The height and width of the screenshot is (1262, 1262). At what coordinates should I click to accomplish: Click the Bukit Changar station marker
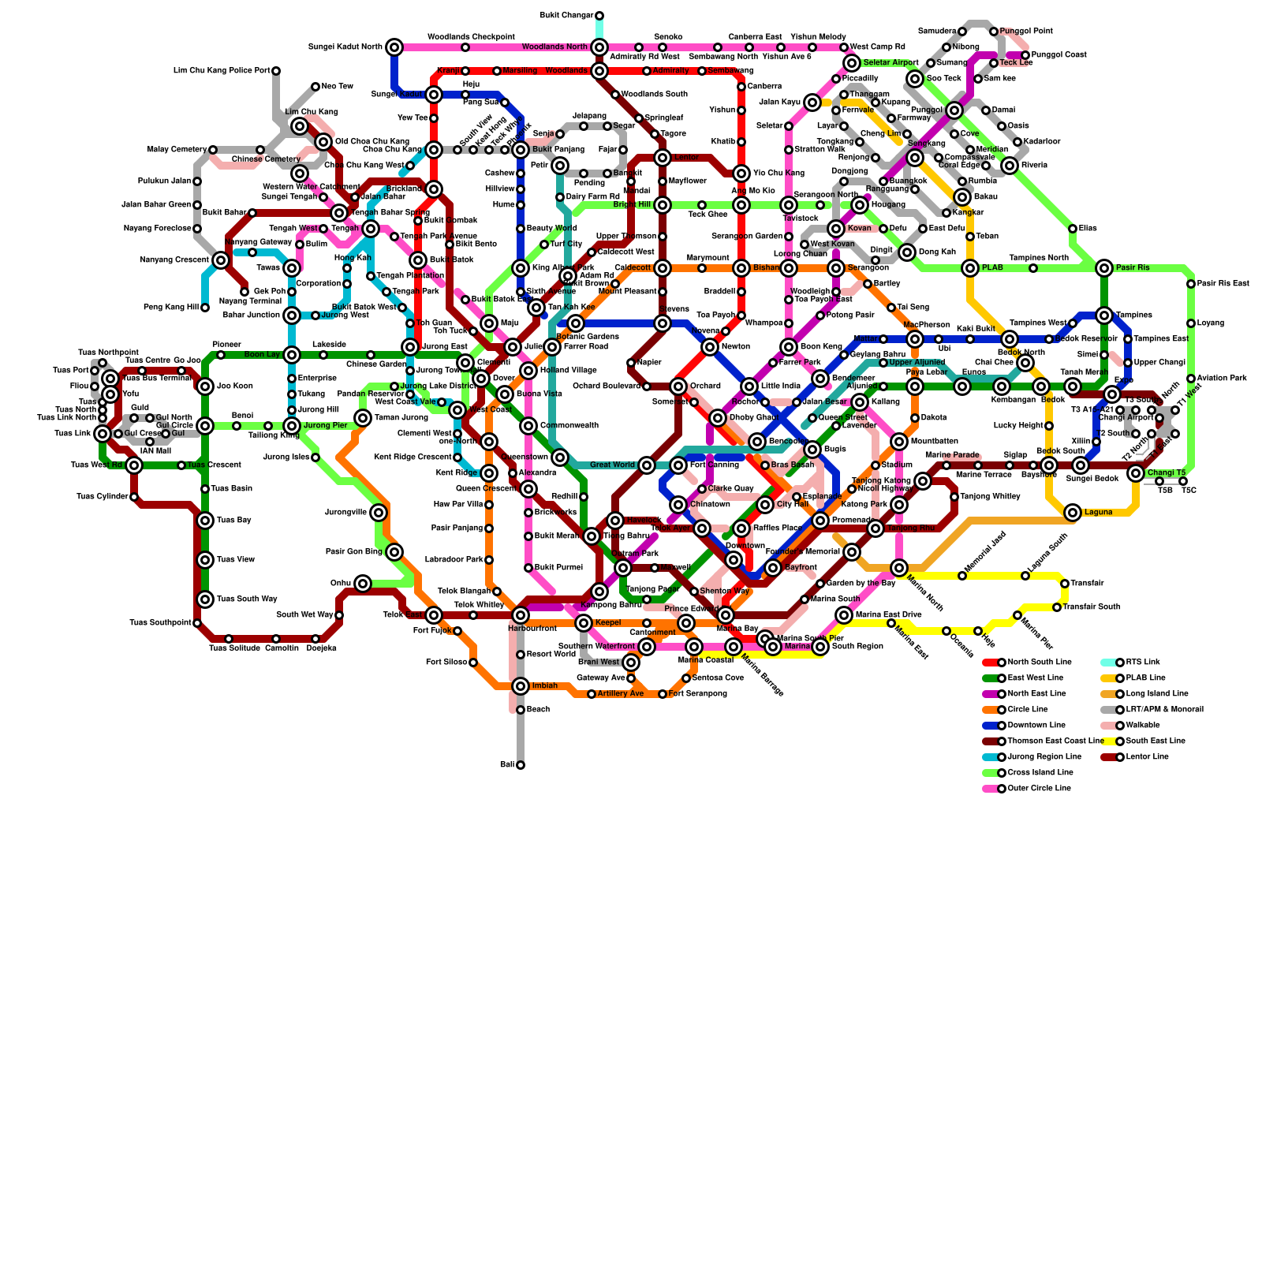[x=599, y=16]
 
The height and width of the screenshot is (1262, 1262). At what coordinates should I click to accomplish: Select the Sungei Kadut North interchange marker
[x=394, y=47]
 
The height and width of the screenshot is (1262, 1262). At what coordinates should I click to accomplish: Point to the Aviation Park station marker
[x=1191, y=379]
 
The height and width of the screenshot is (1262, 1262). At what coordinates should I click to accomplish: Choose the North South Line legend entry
[x=1040, y=663]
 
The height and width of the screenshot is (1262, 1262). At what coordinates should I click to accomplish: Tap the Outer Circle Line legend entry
[x=1040, y=789]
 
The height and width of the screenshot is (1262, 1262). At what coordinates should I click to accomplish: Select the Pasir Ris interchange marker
[x=1104, y=268]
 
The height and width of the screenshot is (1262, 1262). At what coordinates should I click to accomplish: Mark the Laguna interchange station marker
[x=1073, y=513]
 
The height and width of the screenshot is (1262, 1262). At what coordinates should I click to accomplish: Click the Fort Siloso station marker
[x=473, y=663]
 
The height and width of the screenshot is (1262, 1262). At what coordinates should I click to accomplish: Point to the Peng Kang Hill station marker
[x=205, y=308]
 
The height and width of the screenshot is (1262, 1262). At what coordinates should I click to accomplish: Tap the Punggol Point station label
[x=1025, y=32]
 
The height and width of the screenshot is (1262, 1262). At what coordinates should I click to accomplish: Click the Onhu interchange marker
[x=363, y=584]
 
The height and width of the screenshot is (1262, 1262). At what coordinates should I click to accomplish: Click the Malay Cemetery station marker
[x=213, y=150]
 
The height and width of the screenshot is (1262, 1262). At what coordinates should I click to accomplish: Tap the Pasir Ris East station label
[x=1223, y=284]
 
